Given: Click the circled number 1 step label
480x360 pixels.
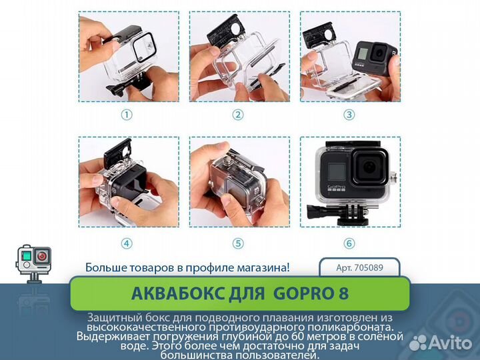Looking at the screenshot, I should point(127,115).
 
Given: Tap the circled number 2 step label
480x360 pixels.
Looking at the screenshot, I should point(238,115).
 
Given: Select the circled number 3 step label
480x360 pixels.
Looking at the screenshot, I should point(349,115).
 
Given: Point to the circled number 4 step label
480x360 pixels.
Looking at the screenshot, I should point(127,243).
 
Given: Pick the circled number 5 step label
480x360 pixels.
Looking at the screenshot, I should point(238,243).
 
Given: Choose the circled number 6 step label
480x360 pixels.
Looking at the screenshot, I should point(349,243).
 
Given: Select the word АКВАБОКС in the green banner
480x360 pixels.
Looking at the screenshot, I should point(175,293).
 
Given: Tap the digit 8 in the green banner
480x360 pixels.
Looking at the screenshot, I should point(343,293).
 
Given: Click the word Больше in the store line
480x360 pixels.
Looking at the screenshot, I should point(105,267).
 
